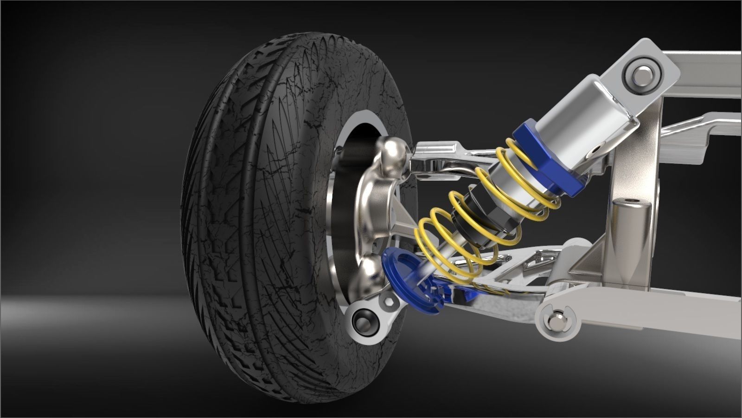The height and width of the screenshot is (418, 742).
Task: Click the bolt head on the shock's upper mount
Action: click(x=642, y=73)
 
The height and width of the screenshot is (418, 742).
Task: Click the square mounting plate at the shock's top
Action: click(x=642, y=70)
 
